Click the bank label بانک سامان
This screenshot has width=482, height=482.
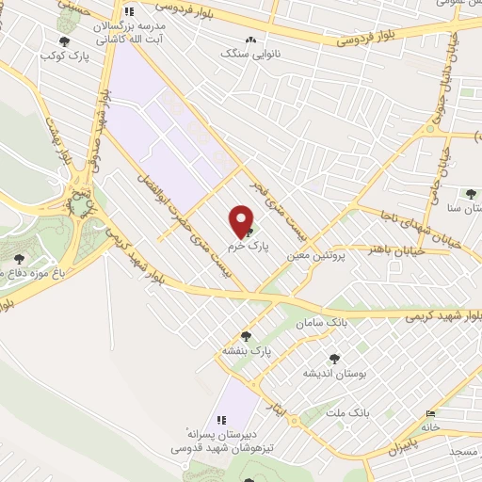click(x=316, y=323)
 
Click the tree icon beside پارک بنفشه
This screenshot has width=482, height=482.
click(x=247, y=335)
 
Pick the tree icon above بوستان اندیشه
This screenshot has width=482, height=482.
click(x=333, y=359)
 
